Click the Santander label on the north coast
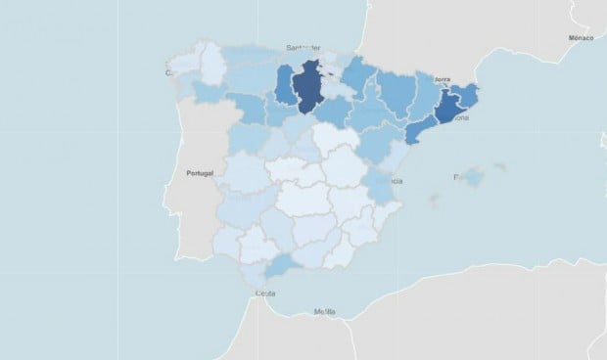303,47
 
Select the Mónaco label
581,37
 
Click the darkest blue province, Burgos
308,88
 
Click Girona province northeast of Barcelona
468,94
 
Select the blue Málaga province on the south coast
281,265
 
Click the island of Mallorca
472,178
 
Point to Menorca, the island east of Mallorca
500,166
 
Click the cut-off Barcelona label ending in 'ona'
460,118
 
